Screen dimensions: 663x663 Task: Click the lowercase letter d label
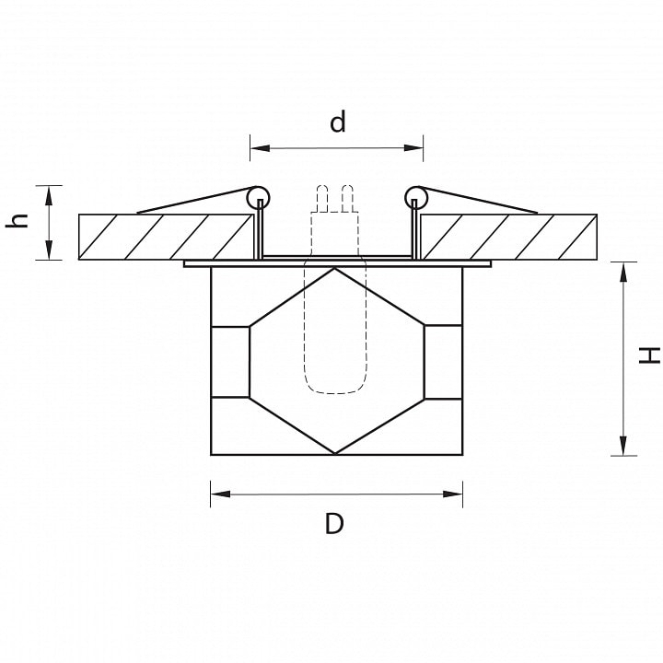pos(337,122)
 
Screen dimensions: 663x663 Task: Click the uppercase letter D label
pos(334,523)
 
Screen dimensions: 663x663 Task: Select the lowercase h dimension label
pos(17,221)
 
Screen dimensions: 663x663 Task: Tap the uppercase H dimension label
pos(649,355)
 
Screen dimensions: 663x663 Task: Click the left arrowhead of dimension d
pos(260,148)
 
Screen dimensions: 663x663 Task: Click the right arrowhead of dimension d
pos(413,148)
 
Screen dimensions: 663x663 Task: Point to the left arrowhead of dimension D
pos(220,494)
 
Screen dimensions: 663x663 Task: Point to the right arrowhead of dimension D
pos(452,494)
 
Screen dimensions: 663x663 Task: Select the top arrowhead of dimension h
pos(49,195)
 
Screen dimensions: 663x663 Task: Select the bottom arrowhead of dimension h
pos(49,250)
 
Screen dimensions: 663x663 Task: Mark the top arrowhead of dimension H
pos(623,272)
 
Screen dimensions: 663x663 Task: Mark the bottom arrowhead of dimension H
pos(623,446)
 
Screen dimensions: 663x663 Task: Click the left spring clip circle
pos(259,197)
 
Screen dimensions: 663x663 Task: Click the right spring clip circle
pos(416,197)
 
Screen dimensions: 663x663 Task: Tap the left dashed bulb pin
pos(322,198)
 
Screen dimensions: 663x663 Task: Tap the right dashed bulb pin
pos(347,198)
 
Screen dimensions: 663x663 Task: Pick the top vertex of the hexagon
pos(334,268)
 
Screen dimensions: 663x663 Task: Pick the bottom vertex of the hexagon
pos(334,453)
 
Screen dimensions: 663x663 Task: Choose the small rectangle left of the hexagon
pos(230,362)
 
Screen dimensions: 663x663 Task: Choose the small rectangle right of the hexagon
pos(443,362)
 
